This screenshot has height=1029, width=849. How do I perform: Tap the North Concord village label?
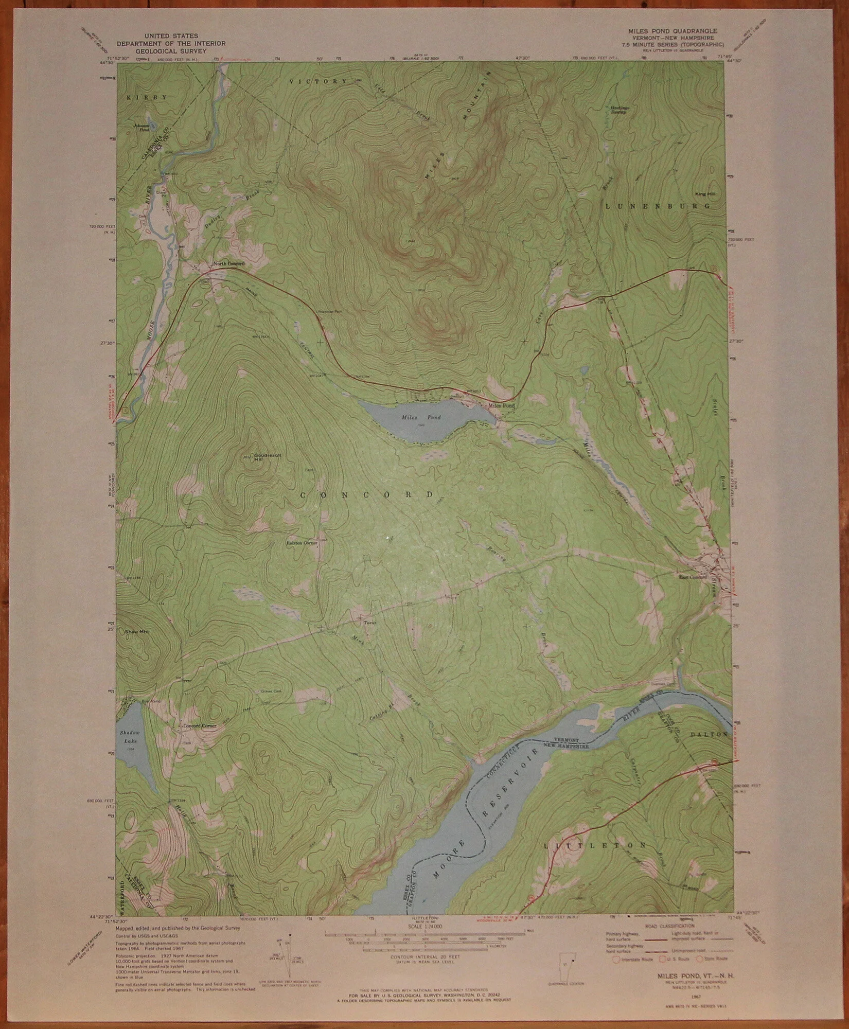coord(229,263)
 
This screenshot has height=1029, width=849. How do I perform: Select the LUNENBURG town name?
coord(658,206)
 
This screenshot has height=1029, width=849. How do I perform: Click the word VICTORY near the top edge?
coord(318,82)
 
